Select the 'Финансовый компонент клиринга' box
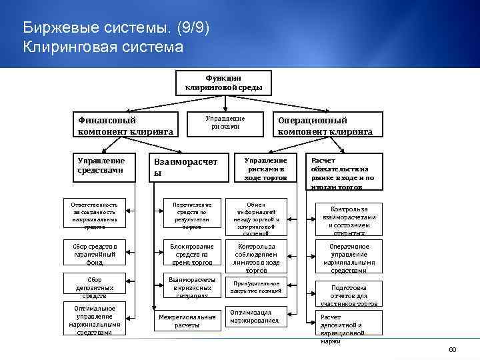[x=125, y=125]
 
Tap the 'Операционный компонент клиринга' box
[x=325, y=125]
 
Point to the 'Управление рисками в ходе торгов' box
[x=265, y=169]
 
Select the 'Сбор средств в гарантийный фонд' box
[x=93, y=254]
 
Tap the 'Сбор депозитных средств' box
[x=94, y=287]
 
